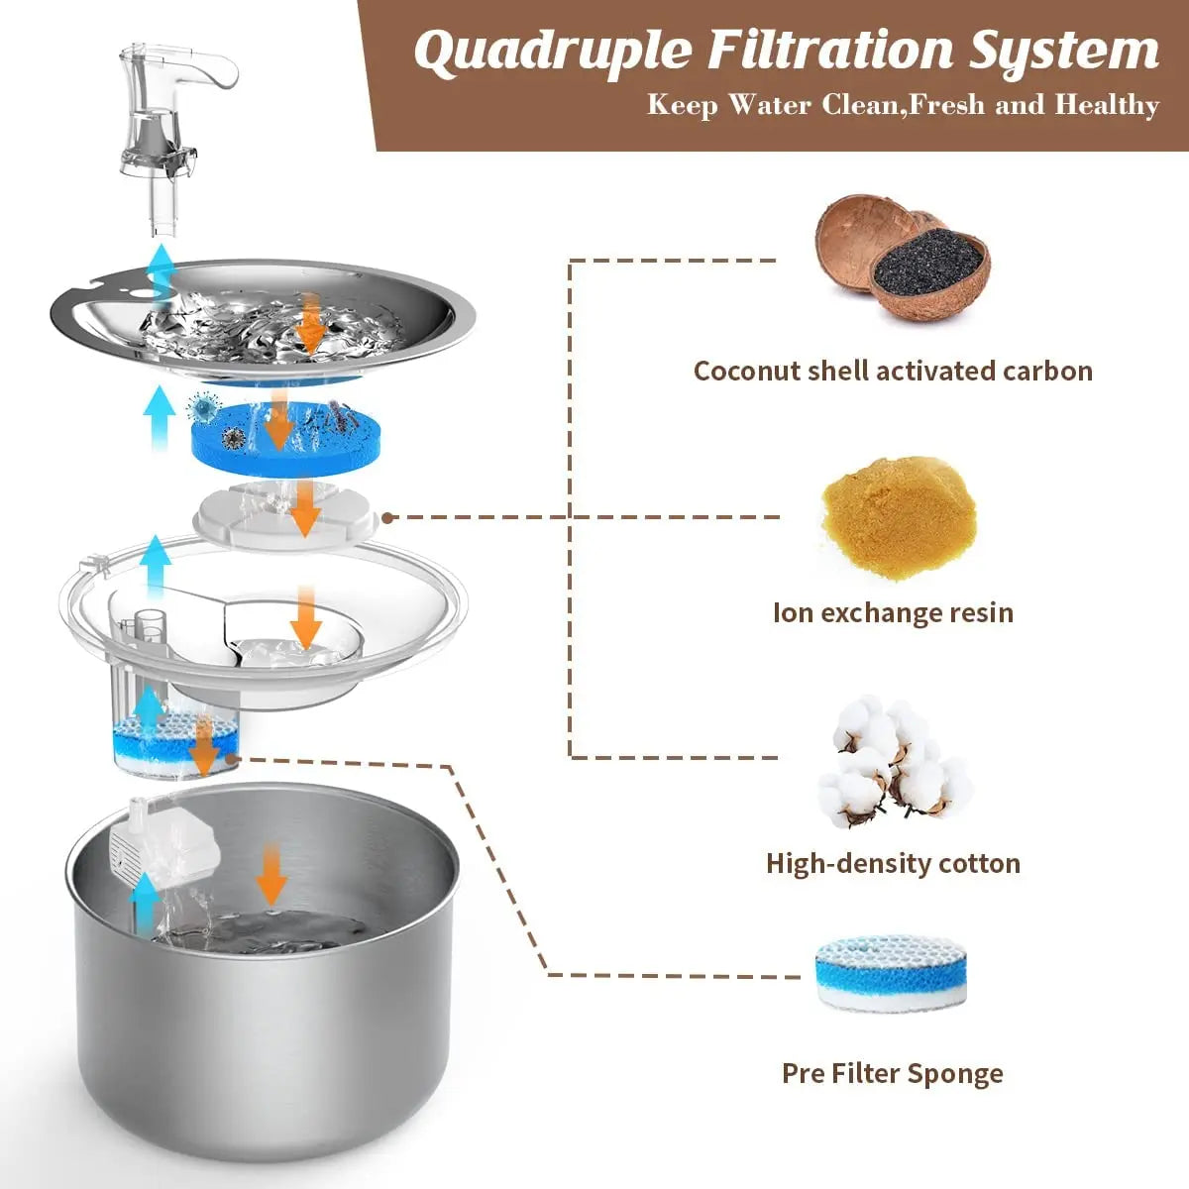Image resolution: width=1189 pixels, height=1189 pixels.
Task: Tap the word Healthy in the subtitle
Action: click(1106, 105)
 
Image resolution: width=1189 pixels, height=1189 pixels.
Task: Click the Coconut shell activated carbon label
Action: click(892, 371)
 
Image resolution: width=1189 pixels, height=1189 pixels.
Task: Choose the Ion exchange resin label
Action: click(893, 612)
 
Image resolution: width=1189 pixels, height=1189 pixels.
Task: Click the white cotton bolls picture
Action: click(894, 761)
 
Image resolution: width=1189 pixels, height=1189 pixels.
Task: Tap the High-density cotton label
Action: click(893, 863)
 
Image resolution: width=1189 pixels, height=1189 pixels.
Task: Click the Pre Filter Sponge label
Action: click(892, 1073)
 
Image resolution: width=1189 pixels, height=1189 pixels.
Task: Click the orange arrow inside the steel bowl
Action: click(271, 877)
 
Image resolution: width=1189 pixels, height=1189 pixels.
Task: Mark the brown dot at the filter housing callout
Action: click(387, 517)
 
